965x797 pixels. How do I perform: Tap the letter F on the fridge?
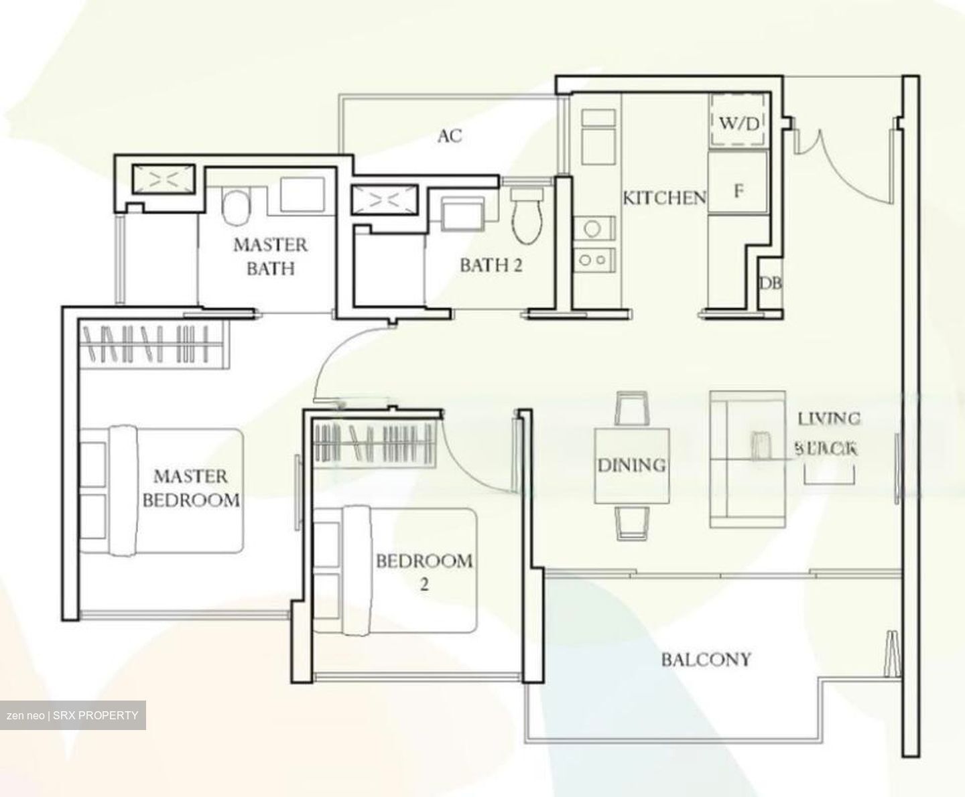(x=738, y=191)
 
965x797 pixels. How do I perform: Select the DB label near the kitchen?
(x=770, y=283)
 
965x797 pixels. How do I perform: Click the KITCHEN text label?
(x=664, y=198)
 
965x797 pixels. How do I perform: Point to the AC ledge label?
(x=450, y=136)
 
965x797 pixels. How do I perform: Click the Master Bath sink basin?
(x=302, y=194)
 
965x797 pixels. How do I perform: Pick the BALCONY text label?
(x=706, y=660)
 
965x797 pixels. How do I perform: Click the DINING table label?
(x=631, y=465)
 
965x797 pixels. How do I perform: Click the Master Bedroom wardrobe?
(x=154, y=344)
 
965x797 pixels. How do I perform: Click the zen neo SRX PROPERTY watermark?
(x=72, y=715)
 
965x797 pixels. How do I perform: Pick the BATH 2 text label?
(x=491, y=265)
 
